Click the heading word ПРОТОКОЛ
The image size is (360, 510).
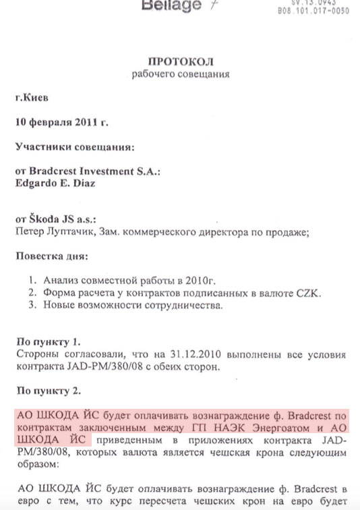tap(181, 60)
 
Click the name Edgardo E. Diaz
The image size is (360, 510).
tap(55, 183)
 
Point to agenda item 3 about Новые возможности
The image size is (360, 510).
tap(128, 305)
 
